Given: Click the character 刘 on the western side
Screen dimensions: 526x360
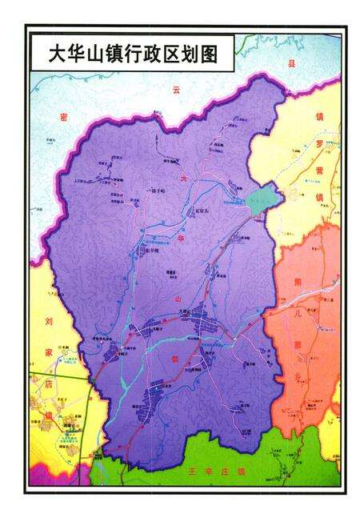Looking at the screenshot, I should click(x=47, y=327).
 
